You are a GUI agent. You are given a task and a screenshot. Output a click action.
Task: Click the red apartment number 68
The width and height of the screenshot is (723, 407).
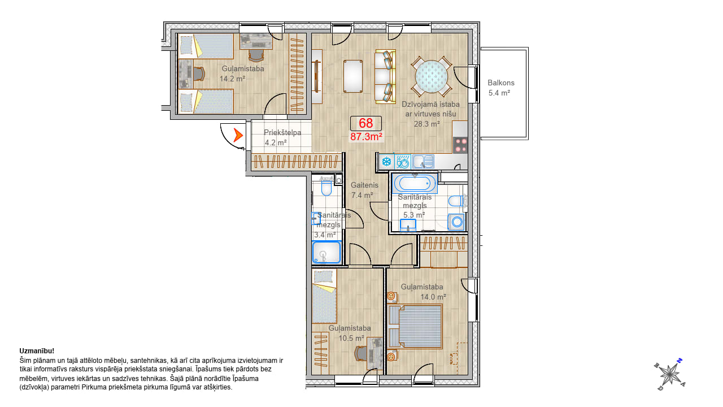pyautogui.click(x=365, y=123)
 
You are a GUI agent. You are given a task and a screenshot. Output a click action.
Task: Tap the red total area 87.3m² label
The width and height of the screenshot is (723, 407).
pyautogui.click(x=367, y=137)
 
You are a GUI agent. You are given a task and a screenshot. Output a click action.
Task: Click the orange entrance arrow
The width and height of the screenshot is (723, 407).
pyautogui.click(x=238, y=135)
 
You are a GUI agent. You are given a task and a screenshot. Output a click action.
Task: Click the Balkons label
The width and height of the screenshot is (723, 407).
pyautogui.click(x=501, y=83)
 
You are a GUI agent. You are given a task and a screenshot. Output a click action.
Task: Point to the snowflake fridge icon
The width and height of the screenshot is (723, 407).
pyautogui.click(x=386, y=162)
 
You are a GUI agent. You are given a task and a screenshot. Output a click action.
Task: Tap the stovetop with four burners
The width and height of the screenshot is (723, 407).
pyautogui.click(x=460, y=145)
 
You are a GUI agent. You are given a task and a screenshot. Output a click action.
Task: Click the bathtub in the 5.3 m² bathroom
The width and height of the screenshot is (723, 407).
pyautogui.click(x=415, y=184)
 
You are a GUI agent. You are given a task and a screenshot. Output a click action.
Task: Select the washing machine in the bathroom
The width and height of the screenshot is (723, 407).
pyautogui.click(x=456, y=222)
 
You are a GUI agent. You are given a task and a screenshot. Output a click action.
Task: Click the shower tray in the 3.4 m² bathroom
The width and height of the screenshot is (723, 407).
pyautogui.click(x=326, y=252)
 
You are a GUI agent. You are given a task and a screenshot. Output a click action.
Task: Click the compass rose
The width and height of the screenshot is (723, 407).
pyautogui.click(x=669, y=374)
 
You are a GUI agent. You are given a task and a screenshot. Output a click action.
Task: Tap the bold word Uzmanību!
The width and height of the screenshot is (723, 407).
pyautogui.click(x=37, y=351)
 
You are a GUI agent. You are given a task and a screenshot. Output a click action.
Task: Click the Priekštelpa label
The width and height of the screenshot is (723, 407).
pyautogui.click(x=282, y=132)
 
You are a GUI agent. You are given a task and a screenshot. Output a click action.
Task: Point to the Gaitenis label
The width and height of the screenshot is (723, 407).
pyautogui.click(x=364, y=185)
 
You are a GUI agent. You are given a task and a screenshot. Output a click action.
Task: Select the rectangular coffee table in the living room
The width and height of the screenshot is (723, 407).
pyautogui.click(x=353, y=76)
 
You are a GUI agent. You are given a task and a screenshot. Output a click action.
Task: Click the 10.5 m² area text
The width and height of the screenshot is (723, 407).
pyautogui.click(x=351, y=338)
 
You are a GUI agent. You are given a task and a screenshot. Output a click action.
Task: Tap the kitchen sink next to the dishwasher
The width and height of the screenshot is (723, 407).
pyautogui.click(x=423, y=162)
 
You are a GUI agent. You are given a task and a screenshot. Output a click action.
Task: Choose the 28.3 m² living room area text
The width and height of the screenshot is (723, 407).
pyautogui.click(x=426, y=124)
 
